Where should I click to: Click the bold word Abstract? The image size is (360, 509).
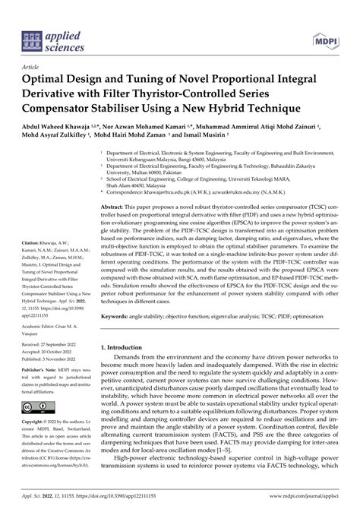click(x=115, y=207)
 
